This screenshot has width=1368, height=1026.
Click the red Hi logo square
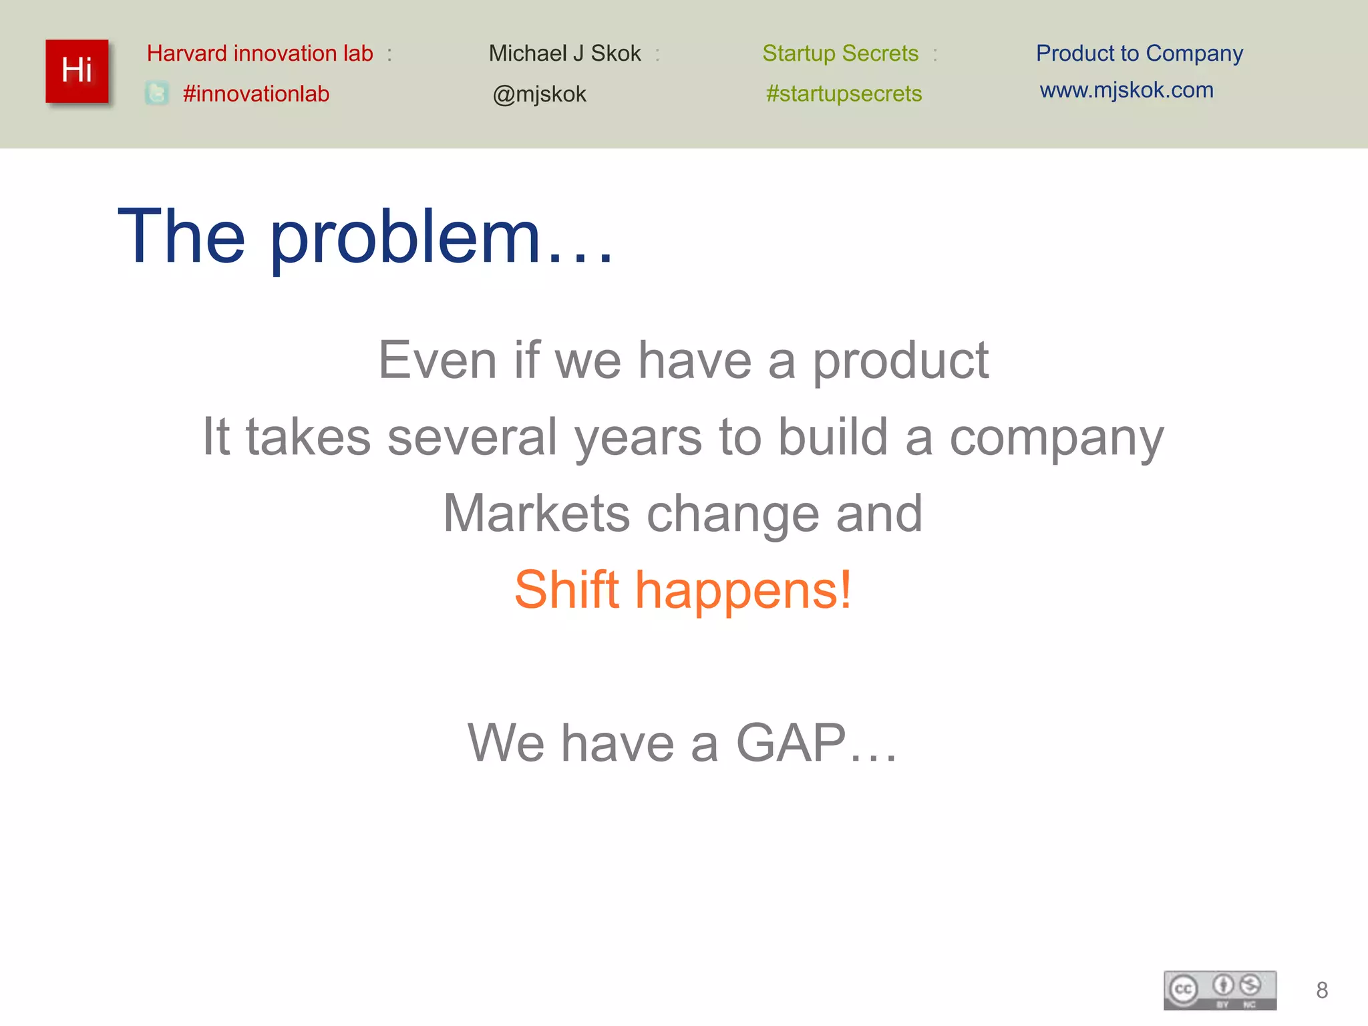(77, 71)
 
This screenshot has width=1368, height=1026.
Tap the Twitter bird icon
(157, 93)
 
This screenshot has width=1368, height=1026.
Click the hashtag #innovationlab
(256, 94)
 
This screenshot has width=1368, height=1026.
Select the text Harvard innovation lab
(260, 53)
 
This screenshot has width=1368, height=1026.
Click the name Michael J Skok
(564, 53)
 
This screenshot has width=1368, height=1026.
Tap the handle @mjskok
(539, 94)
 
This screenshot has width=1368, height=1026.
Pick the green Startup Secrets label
(840, 53)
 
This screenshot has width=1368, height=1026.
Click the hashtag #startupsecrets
(844, 94)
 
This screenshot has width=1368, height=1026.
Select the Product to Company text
(1139, 53)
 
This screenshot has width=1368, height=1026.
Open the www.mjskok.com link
(1126, 90)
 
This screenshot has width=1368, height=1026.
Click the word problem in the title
(405, 237)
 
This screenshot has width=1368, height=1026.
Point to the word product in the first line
(900, 361)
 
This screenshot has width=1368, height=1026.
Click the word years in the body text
(638, 438)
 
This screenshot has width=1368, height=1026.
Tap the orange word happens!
(743, 590)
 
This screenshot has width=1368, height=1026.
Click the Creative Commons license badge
(1220, 990)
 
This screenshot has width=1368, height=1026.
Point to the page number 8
(1321, 990)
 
